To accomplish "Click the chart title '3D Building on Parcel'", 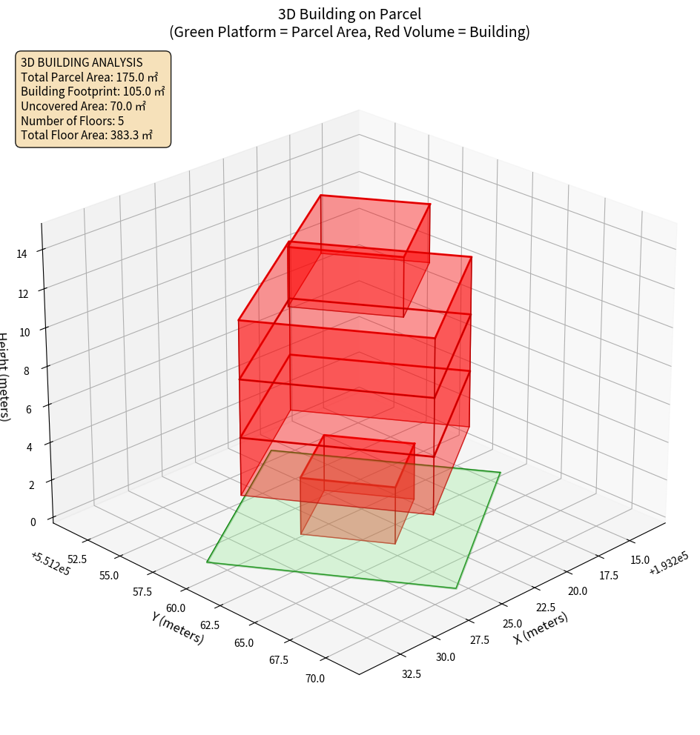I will tap(349, 13).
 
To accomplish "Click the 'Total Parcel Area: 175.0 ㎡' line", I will tap(89, 77).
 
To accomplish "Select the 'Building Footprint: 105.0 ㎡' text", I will tap(93, 91).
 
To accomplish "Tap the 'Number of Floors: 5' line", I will tap(73, 121).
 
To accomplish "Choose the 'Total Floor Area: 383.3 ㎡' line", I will tap(87, 135).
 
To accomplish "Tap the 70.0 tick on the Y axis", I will tap(314, 677).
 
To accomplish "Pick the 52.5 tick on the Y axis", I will tap(77, 559).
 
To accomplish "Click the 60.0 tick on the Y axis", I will tap(176, 608).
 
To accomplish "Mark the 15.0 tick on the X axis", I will tap(639, 560).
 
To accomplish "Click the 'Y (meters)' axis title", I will tap(177, 627).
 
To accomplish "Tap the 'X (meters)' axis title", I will tap(541, 628).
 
